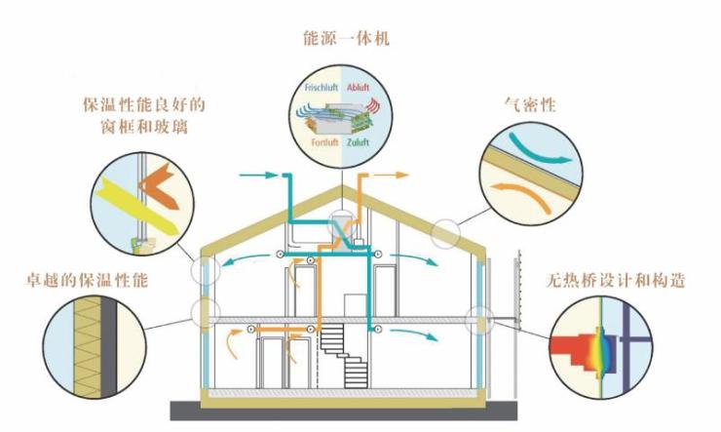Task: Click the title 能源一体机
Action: point(346,38)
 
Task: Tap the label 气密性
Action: point(530,104)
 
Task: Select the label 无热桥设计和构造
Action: point(615,280)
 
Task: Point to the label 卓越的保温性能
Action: point(87,280)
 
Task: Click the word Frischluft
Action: point(321,88)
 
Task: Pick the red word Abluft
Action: point(358,88)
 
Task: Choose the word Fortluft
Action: point(324,142)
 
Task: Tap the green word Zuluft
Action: point(358,142)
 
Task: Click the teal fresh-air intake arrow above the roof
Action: point(259,175)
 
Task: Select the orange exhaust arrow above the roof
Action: point(390,175)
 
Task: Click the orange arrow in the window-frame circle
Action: point(158,185)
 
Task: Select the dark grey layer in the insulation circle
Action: point(108,346)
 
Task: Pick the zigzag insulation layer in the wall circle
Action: point(88,346)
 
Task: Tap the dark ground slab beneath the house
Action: point(344,411)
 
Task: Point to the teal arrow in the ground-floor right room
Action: point(414,334)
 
